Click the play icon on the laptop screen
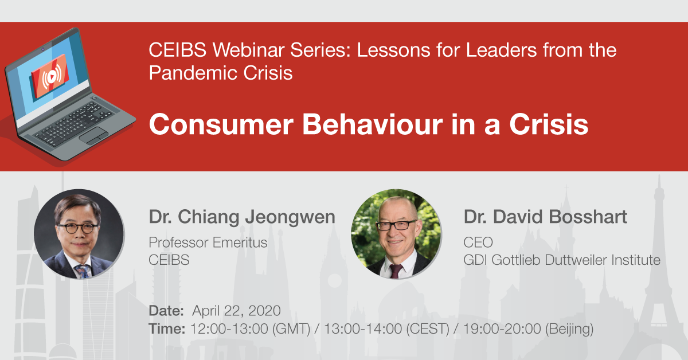[52, 76]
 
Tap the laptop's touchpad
[93, 135]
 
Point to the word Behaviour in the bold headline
[373, 124]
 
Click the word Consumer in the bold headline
[221, 124]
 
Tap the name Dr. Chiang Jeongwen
[242, 217]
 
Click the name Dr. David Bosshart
[545, 217]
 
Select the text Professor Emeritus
[208, 242]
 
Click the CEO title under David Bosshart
[478, 242]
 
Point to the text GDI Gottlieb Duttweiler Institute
[562, 260]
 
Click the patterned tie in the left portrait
[83, 271]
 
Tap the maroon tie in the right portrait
[396, 271]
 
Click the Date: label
[166, 311]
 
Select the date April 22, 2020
[236, 311]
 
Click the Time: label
[167, 328]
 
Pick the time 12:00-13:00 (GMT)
[251, 329]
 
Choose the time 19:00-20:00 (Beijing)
[528, 329]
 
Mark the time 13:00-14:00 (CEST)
[386, 329]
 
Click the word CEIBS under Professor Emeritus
[169, 260]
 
